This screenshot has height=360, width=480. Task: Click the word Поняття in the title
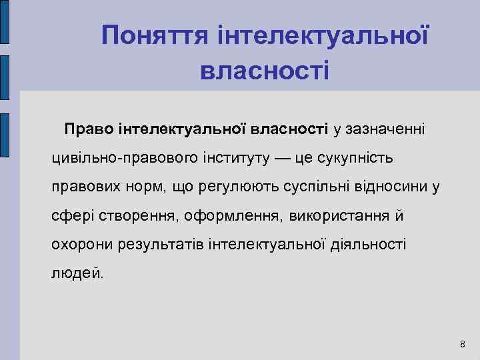(155, 35)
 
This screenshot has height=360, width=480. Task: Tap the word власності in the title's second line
(265, 69)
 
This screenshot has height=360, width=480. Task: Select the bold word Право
(89, 128)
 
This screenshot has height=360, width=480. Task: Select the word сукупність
(360, 159)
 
